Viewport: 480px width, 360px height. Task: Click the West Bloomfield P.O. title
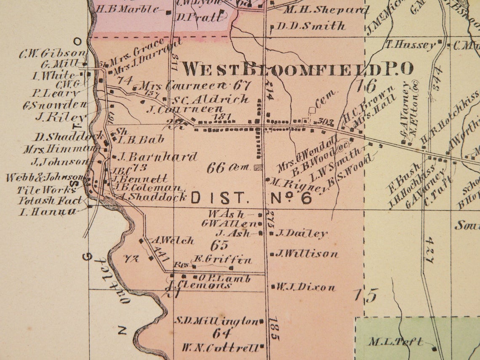(297, 69)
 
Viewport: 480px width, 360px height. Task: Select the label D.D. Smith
(311, 26)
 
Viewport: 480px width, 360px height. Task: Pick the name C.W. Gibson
(52, 54)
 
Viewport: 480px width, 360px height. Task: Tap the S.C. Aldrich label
(211, 100)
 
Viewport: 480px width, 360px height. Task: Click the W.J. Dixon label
(306, 288)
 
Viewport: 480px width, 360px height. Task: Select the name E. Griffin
(223, 260)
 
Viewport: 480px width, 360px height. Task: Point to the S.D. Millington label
(216, 321)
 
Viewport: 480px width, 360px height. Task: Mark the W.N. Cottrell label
(220, 348)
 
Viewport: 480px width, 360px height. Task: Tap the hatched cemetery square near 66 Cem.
(258, 167)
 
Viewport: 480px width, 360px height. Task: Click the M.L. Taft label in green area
(396, 342)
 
